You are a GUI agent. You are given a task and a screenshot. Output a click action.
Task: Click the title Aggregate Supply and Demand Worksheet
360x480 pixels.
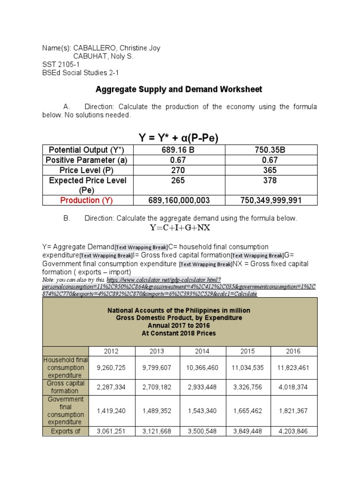tap(179, 89)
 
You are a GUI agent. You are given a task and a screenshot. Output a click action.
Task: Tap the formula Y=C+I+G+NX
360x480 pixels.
tap(180, 228)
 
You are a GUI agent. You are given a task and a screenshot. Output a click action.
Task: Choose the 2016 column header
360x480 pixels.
tap(294, 351)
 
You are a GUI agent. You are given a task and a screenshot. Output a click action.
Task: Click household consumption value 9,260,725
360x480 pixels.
tap(111, 368)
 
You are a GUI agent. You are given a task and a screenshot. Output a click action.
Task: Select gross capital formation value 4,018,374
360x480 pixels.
tap(294, 387)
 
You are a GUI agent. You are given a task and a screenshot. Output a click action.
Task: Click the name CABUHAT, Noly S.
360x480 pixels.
tap(104, 56)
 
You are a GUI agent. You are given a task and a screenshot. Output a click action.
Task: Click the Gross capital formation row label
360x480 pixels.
tap(65, 387)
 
